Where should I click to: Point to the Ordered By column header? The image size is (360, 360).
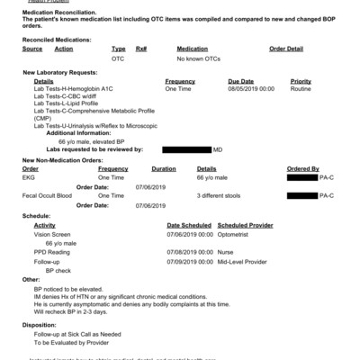(x=302, y=169)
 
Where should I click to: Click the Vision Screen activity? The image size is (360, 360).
(x=52, y=234)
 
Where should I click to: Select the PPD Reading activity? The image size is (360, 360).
(x=52, y=252)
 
